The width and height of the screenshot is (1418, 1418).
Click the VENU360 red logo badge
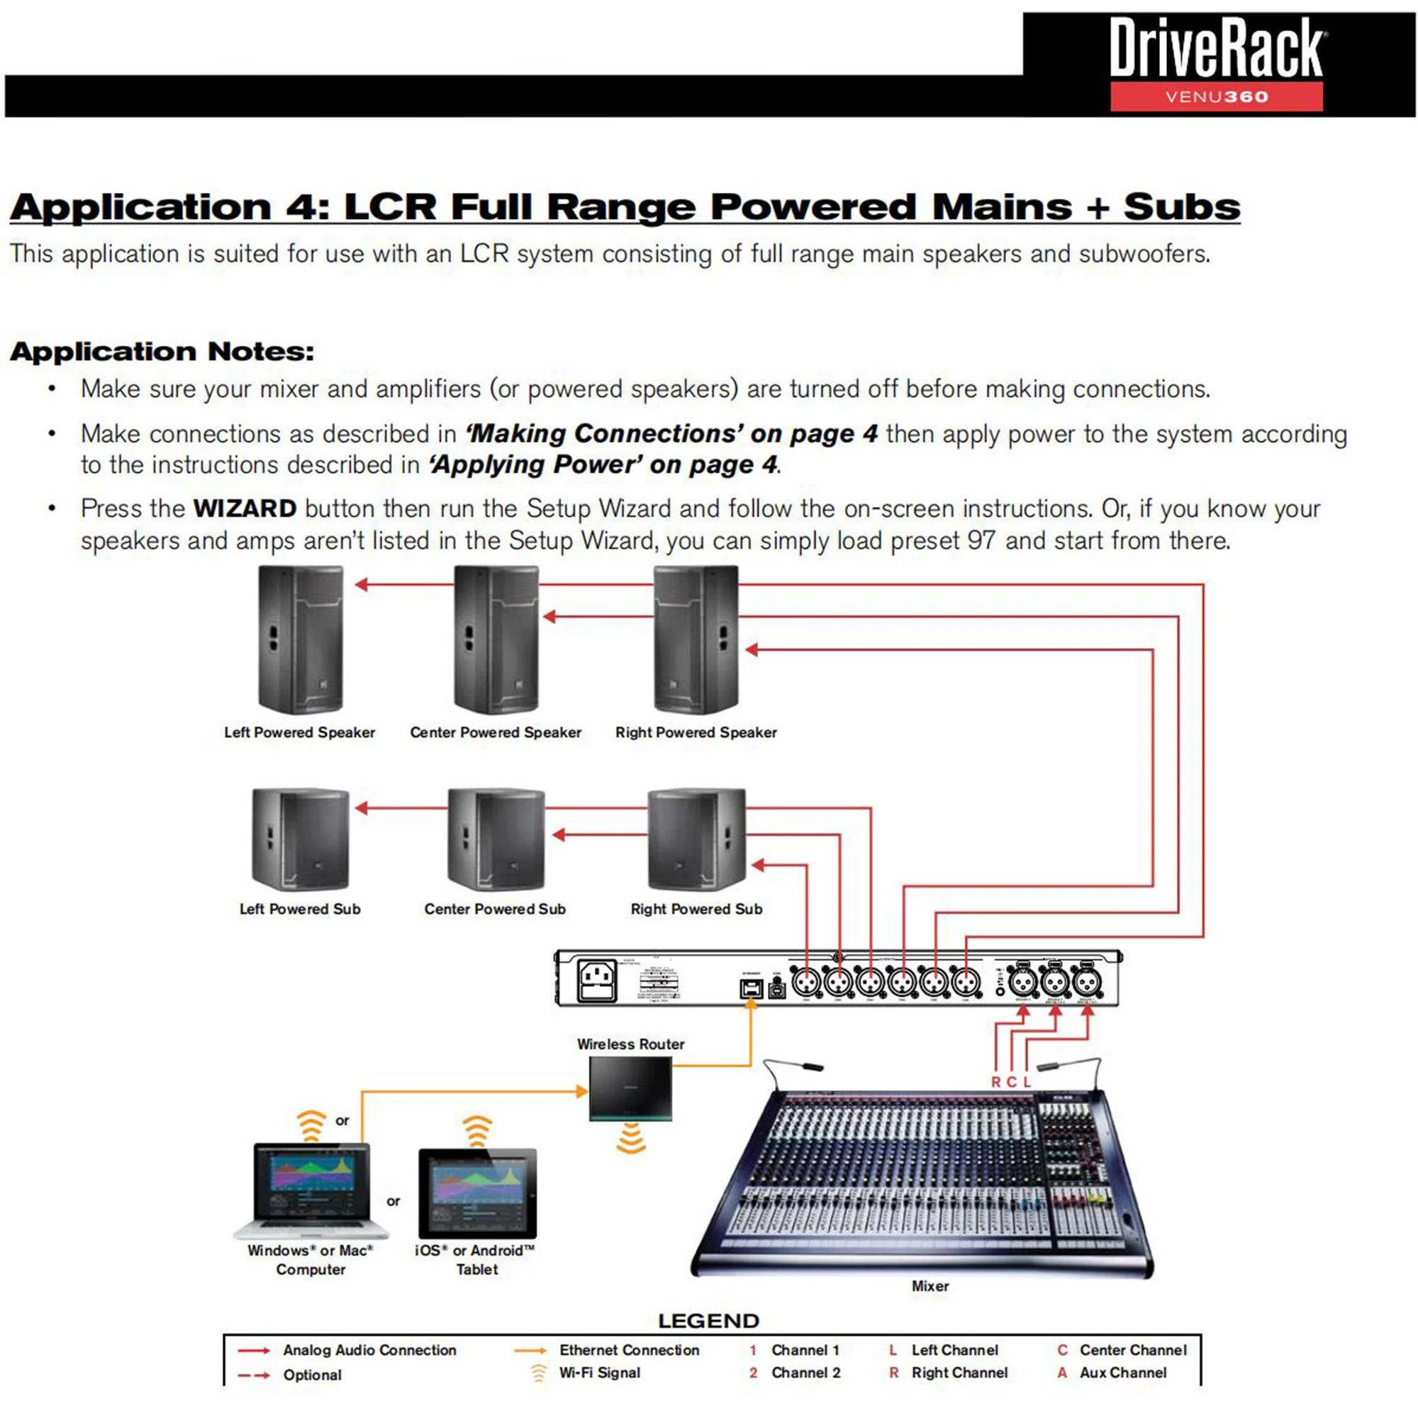click(x=1216, y=96)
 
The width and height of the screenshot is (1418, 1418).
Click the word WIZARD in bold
click(x=245, y=508)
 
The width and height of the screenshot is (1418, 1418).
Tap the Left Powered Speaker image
click(x=300, y=640)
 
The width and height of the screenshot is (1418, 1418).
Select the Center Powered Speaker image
click(x=496, y=640)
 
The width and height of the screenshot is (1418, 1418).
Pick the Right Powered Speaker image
click(x=696, y=640)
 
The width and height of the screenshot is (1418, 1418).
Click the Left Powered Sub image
click(x=300, y=839)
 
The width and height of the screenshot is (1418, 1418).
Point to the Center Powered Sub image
click(x=496, y=839)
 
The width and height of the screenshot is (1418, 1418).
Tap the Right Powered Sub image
click(x=696, y=839)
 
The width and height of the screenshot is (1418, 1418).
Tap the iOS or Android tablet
click(x=477, y=1193)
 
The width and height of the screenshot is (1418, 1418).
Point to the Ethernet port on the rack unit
click(x=750, y=988)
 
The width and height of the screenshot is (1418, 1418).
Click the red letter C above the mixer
click(x=1010, y=1082)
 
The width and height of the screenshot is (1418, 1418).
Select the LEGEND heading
click(x=708, y=1321)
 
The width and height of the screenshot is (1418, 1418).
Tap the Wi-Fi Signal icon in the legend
click(x=539, y=1373)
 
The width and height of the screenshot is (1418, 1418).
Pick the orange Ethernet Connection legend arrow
click(x=530, y=1351)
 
